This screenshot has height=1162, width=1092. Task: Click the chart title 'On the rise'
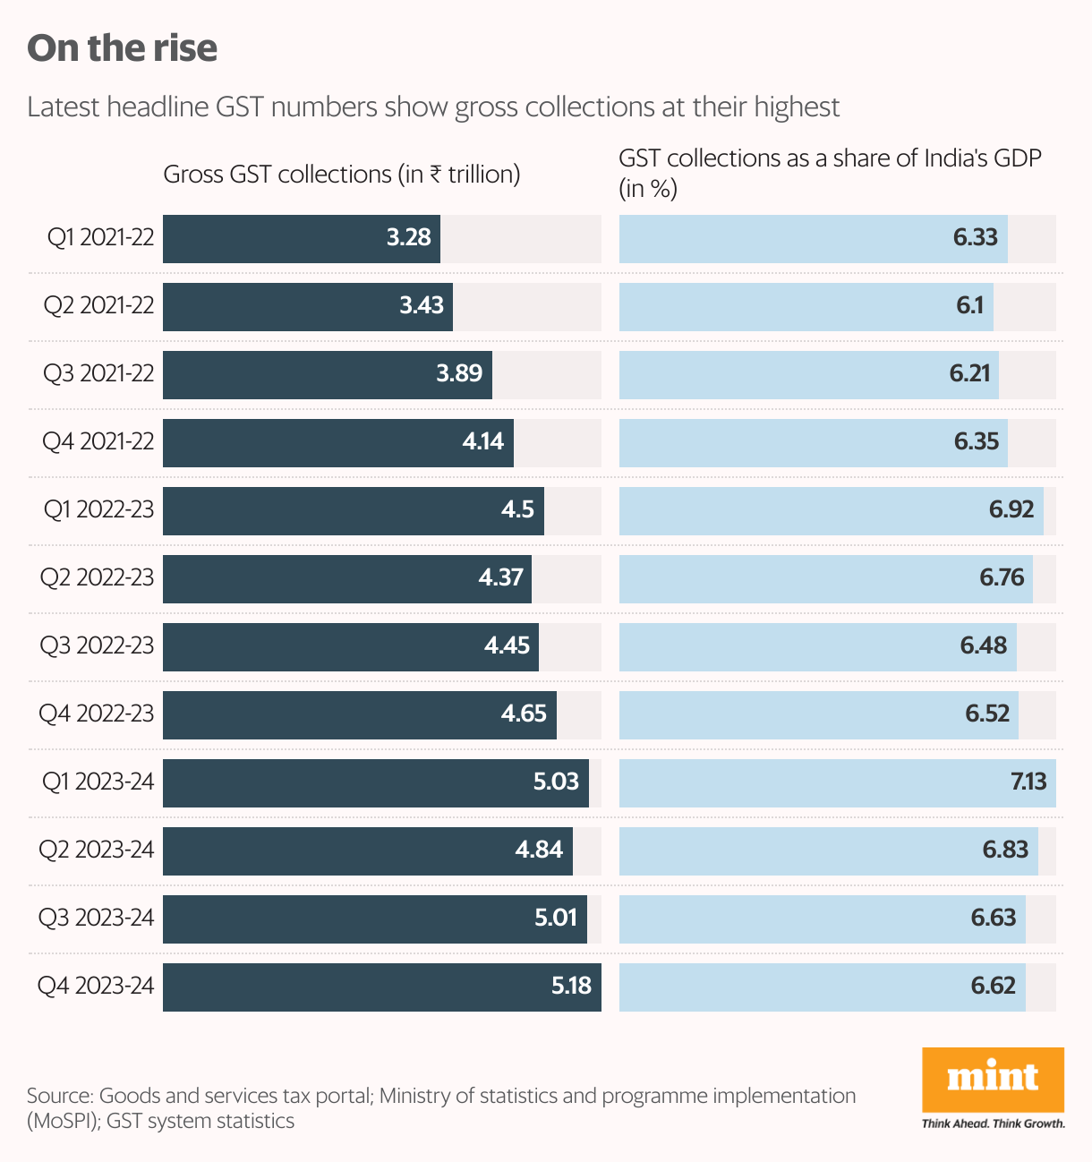(x=123, y=48)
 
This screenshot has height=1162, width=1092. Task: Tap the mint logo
(x=993, y=1078)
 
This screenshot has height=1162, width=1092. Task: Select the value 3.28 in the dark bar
(x=409, y=237)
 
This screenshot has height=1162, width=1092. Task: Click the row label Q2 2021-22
(x=99, y=305)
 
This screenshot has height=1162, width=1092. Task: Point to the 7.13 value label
(x=1028, y=782)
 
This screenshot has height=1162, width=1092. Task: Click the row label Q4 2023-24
(x=96, y=986)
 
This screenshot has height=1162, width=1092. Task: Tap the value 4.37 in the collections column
(x=500, y=577)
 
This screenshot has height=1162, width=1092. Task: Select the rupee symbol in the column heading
(x=436, y=174)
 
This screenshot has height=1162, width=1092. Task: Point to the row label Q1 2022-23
(x=99, y=509)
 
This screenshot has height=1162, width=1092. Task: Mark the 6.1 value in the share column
(x=969, y=305)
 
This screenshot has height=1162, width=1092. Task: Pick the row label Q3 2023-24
(x=96, y=918)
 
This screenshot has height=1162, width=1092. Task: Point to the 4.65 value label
(x=524, y=713)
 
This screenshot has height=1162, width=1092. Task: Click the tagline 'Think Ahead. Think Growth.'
(x=994, y=1124)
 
